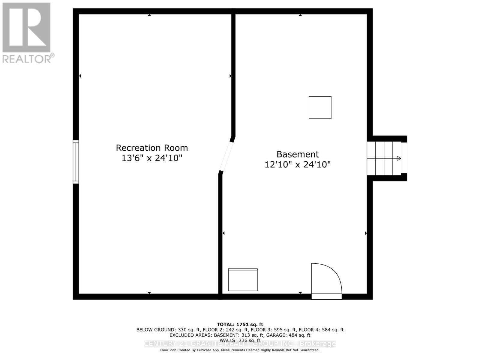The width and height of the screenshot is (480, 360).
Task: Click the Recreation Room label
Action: pyautogui.click(x=152, y=148)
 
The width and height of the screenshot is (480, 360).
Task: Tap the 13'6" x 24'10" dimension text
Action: pyautogui.click(x=152, y=158)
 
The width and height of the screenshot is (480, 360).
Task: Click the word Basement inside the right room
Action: pyautogui.click(x=298, y=154)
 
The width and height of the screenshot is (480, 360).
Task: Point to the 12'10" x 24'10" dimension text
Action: pyautogui.click(x=298, y=164)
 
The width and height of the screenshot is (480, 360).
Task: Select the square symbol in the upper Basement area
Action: pyautogui.click(x=320, y=107)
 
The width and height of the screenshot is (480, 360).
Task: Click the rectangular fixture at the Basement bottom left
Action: pyautogui.click(x=243, y=280)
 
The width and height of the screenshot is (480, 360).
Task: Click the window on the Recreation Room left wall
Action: pyautogui.click(x=76, y=162)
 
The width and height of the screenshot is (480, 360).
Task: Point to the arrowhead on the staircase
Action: pyautogui.click(x=399, y=158)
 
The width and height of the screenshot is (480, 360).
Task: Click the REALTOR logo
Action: pyautogui.click(x=26, y=28)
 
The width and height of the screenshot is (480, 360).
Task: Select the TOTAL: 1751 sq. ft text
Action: pyautogui.click(x=240, y=324)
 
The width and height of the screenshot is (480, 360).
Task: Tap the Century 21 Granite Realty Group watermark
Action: pyautogui.click(x=240, y=343)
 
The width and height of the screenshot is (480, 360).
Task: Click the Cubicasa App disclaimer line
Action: pyautogui.click(x=240, y=350)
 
